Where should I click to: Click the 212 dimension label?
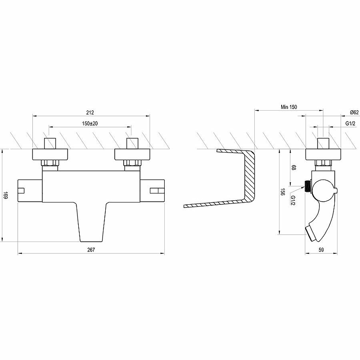(x=90, y=112)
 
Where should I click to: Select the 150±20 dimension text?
(x=90, y=123)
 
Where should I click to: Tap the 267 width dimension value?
(x=91, y=250)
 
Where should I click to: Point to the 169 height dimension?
(x=5, y=195)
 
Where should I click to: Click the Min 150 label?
(x=289, y=107)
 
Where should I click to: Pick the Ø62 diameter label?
(x=354, y=112)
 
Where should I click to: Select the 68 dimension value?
(x=294, y=167)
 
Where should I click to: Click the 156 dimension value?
(x=283, y=192)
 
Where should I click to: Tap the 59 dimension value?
(x=321, y=250)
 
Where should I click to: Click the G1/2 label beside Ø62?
(x=351, y=123)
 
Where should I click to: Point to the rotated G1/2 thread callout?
(x=293, y=200)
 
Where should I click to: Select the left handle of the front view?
(x=30, y=191)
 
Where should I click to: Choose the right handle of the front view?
(x=152, y=191)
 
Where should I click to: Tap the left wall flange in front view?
(x=50, y=154)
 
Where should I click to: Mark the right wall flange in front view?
(x=132, y=154)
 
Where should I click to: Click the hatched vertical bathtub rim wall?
(x=249, y=175)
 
